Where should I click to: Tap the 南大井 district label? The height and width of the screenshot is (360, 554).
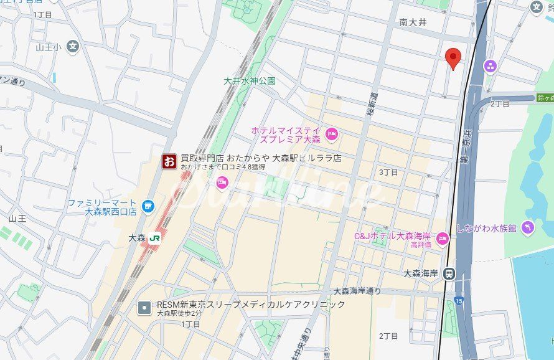[413, 22]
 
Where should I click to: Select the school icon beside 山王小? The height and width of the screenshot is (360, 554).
[73, 46]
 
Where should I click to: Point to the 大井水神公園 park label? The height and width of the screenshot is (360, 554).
[250, 81]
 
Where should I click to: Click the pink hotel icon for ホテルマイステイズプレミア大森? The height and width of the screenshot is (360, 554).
[332, 133]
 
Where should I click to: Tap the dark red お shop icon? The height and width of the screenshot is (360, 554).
[169, 162]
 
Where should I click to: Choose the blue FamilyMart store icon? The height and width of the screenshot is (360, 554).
[147, 206]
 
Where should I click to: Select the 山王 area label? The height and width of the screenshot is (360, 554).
[17, 219]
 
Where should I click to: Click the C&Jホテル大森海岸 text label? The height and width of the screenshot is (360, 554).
[392, 236]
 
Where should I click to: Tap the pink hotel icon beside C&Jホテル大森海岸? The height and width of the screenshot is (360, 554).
[443, 237]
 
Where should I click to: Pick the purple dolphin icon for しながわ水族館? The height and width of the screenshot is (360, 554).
[528, 228]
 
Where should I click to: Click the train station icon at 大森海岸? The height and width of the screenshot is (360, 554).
[449, 273]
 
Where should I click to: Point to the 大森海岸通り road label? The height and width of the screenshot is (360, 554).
[357, 291]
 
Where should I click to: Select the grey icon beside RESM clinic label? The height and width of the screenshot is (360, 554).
[144, 307]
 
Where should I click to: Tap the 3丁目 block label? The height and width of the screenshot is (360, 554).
[388, 171]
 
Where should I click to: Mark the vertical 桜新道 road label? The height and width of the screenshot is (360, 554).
[373, 105]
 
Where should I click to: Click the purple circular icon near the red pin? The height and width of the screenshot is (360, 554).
[491, 65]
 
